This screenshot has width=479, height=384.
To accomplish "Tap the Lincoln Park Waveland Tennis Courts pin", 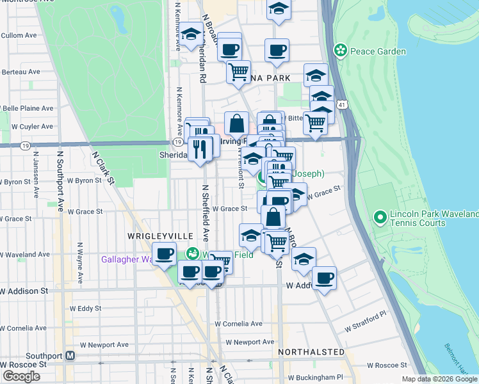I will pyautogui.click(x=380, y=218).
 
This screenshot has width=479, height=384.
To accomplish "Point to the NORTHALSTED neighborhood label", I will pyautogui.click(x=311, y=352).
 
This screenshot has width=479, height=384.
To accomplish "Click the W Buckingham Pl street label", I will pyautogui.click(x=316, y=378).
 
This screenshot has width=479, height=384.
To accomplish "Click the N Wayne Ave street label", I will pyautogui.click(x=81, y=262).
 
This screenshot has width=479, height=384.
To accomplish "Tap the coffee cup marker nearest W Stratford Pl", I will pyautogui.click(x=325, y=277).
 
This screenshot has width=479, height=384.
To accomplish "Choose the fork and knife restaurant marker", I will pyautogui.click(x=200, y=148).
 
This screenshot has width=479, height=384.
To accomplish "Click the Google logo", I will pyautogui.click(x=21, y=376).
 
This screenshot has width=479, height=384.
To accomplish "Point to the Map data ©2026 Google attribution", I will pyautogui.click(x=439, y=379).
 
